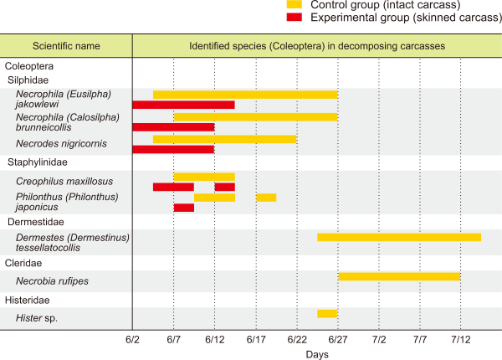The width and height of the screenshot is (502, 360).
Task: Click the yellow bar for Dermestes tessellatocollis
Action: tap(399, 237)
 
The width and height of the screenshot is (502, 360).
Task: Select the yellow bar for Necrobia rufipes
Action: tap(399, 276)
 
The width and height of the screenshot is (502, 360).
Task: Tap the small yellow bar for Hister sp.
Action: tap(327, 313)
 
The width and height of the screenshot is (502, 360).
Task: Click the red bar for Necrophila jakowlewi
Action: tap(183, 105)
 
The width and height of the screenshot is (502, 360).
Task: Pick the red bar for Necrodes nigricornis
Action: tap(173, 149)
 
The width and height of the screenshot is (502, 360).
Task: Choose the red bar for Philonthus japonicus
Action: tap(183, 207)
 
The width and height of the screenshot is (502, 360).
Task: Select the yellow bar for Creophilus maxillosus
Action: tap(204, 176)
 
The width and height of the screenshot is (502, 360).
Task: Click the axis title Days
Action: tap(317, 354)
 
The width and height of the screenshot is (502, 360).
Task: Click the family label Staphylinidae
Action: tap(38, 162)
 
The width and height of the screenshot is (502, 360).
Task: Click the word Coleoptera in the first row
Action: tap(30, 65)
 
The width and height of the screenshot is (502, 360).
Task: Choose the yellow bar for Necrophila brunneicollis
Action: tap(255, 116)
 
